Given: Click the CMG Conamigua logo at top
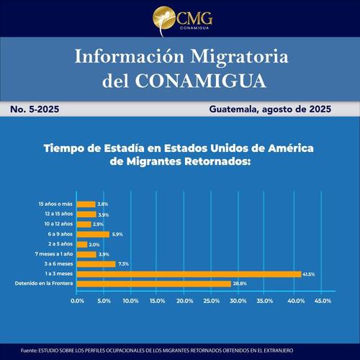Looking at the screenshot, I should click(179, 19).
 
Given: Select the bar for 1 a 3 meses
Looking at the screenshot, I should click(189, 274).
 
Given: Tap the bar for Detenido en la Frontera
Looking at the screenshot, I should click(155, 284).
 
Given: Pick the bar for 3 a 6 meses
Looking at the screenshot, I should click(96, 264).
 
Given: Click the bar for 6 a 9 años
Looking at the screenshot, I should click(93, 234).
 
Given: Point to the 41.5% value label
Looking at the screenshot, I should click(310, 274).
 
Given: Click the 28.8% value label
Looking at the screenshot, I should click(240, 284).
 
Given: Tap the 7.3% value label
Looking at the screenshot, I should click(123, 264).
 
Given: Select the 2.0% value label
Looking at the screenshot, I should click(95, 244).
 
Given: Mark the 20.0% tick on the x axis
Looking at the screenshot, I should click(184, 300).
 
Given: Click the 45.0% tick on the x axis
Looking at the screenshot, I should click(319, 300).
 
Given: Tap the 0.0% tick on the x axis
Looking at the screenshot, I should click(78, 300).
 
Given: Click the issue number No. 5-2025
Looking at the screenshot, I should click(35, 110).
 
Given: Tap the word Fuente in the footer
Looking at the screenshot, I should click(30, 350).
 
